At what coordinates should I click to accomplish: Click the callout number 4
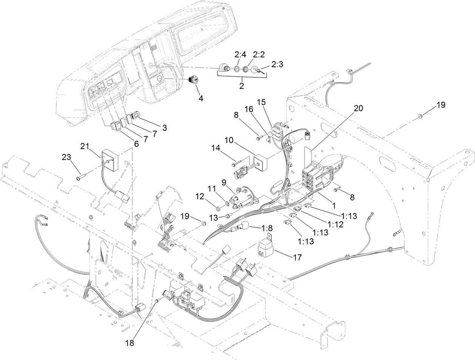tap(201, 98)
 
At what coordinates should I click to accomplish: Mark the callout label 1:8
tap(267, 228)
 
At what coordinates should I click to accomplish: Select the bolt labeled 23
tap(79, 176)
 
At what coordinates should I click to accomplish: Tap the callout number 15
tap(262, 102)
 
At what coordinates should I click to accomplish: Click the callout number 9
tap(223, 182)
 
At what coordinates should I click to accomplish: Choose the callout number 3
tap(164, 128)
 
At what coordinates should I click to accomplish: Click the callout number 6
tap(136, 143)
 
